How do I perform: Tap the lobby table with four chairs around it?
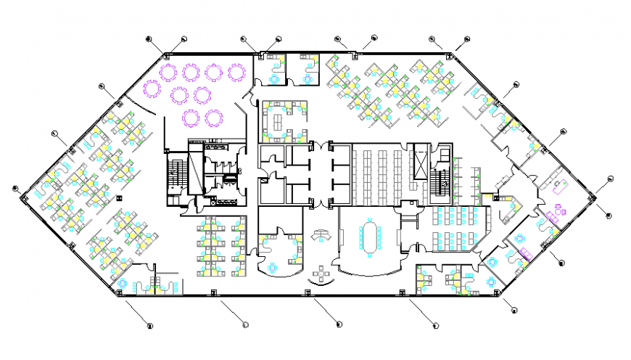point(320,274)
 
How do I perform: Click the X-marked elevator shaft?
point(420,160)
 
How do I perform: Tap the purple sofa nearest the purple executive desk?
point(560,212)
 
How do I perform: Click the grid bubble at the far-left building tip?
point(15,189)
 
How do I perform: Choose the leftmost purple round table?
point(152,89)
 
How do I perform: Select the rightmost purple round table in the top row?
point(236,72)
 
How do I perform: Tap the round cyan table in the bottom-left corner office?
point(124,283)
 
